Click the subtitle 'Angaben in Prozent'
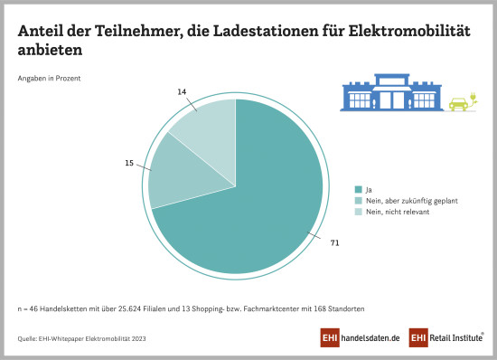point(50,78)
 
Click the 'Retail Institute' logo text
point(456,338)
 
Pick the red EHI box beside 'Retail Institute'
point(418,337)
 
